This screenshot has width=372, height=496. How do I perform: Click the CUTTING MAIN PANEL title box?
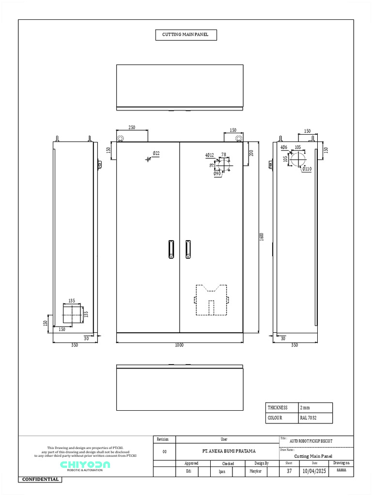coord(186,35)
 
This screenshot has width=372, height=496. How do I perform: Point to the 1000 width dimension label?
coord(179,345)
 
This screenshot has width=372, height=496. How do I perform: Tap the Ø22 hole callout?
coord(156,154)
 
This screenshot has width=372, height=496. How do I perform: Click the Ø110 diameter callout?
coord(307,169)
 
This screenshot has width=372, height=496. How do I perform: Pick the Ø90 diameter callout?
coord(217,173)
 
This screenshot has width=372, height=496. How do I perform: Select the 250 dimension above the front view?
coord(132,128)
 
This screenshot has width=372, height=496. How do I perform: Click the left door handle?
coord(171,249)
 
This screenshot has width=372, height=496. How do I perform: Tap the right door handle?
coord(187,249)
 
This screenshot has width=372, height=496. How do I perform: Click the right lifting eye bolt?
coord(239,139)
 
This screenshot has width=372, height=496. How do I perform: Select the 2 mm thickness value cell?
coord(315,408)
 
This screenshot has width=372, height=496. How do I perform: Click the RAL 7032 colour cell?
coord(315,418)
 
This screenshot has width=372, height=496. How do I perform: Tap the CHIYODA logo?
coord(85,465)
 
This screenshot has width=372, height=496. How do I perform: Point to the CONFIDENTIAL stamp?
coord(41,480)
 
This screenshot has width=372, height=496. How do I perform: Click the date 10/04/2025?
coord(315,471)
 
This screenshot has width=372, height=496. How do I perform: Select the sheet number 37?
coord(289,471)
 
